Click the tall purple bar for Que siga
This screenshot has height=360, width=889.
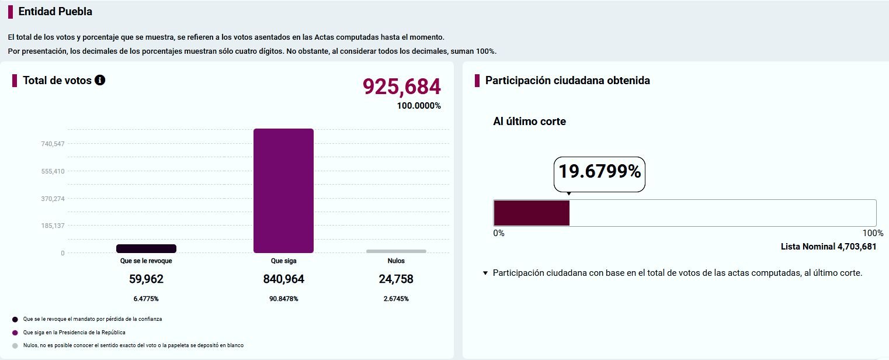tap(283, 191)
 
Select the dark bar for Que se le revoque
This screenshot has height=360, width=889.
tap(146, 248)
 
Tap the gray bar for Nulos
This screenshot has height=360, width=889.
tap(396, 251)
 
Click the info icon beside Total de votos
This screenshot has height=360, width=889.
tap(100, 80)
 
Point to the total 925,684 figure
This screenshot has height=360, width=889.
tap(402, 86)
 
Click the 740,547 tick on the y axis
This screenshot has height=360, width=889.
tap(53, 144)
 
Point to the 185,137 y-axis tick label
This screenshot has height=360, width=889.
tap(53, 226)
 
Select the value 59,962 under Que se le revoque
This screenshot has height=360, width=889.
tap(146, 279)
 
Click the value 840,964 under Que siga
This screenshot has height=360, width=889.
tap(283, 279)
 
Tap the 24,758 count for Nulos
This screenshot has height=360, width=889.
tap(396, 279)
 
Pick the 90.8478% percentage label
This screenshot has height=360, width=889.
tap(283, 299)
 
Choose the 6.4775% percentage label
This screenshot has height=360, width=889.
tap(146, 299)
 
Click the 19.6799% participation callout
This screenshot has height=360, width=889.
tap(599, 171)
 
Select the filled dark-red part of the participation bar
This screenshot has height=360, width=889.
tap(532, 213)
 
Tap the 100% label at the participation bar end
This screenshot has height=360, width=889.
tap(873, 233)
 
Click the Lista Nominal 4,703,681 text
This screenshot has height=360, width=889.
tap(829, 247)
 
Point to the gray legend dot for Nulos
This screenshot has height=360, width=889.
tap(15, 346)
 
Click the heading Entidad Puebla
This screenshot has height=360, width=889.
tap(55, 12)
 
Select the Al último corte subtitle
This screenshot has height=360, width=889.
tap(529, 122)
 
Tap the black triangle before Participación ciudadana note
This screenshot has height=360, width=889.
tap(485, 273)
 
